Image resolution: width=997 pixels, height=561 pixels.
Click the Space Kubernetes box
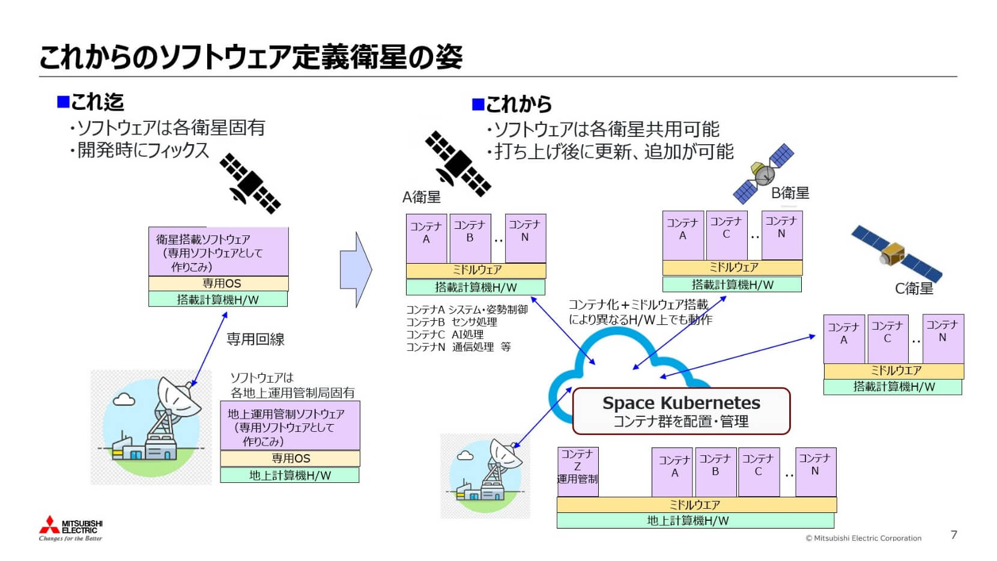pyautogui.click(x=681, y=411)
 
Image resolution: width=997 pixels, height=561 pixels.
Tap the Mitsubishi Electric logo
pyautogui.click(x=71, y=528)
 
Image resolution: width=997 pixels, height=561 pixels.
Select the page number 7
pyautogui.click(x=954, y=535)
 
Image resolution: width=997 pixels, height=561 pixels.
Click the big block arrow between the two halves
pyautogui.click(x=356, y=270)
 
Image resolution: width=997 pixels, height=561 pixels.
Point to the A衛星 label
pyautogui.click(x=421, y=197)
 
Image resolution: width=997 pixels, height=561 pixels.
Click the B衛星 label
pyautogui.click(x=790, y=193)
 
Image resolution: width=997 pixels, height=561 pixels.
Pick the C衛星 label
pyautogui.click(x=914, y=288)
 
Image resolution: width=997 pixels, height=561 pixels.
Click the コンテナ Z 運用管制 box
pyautogui.click(x=577, y=472)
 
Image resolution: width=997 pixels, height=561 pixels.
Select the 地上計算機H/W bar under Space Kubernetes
pyautogui.click(x=695, y=521)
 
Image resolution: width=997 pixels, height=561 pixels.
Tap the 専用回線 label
pyautogui.click(x=255, y=339)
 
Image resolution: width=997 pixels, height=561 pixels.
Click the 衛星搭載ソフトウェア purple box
pyautogui.click(x=218, y=252)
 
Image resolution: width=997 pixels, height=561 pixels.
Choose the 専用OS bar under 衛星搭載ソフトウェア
pyautogui.click(x=218, y=284)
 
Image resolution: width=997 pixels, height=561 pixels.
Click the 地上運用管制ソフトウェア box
pyautogui.click(x=289, y=426)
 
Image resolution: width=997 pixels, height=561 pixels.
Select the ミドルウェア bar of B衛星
pyautogui.click(x=732, y=267)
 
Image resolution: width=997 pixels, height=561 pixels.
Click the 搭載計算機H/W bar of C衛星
pyautogui.click(x=892, y=387)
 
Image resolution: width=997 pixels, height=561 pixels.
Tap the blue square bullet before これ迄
pyautogui.click(x=63, y=102)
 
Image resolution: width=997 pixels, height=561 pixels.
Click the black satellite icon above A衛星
pyautogui.click(x=458, y=163)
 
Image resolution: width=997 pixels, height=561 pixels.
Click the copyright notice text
pyautogui.click(x=863, y=538)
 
